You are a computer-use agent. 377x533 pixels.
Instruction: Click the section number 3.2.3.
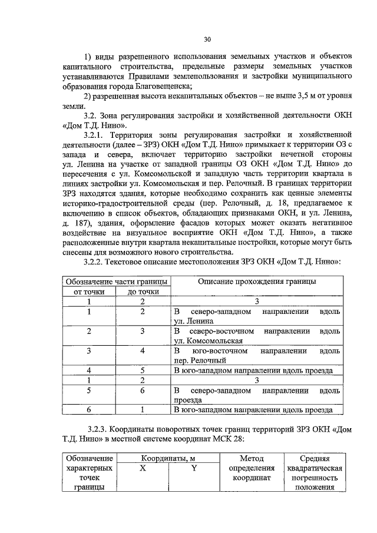(98, 430)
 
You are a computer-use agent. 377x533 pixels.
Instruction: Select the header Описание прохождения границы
(256, 282)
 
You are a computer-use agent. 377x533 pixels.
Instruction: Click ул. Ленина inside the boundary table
(194, 322)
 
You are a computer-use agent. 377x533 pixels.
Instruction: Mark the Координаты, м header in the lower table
(169, 458)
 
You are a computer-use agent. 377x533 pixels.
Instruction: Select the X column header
(143, 468)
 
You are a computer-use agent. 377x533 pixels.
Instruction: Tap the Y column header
(194, 468)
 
